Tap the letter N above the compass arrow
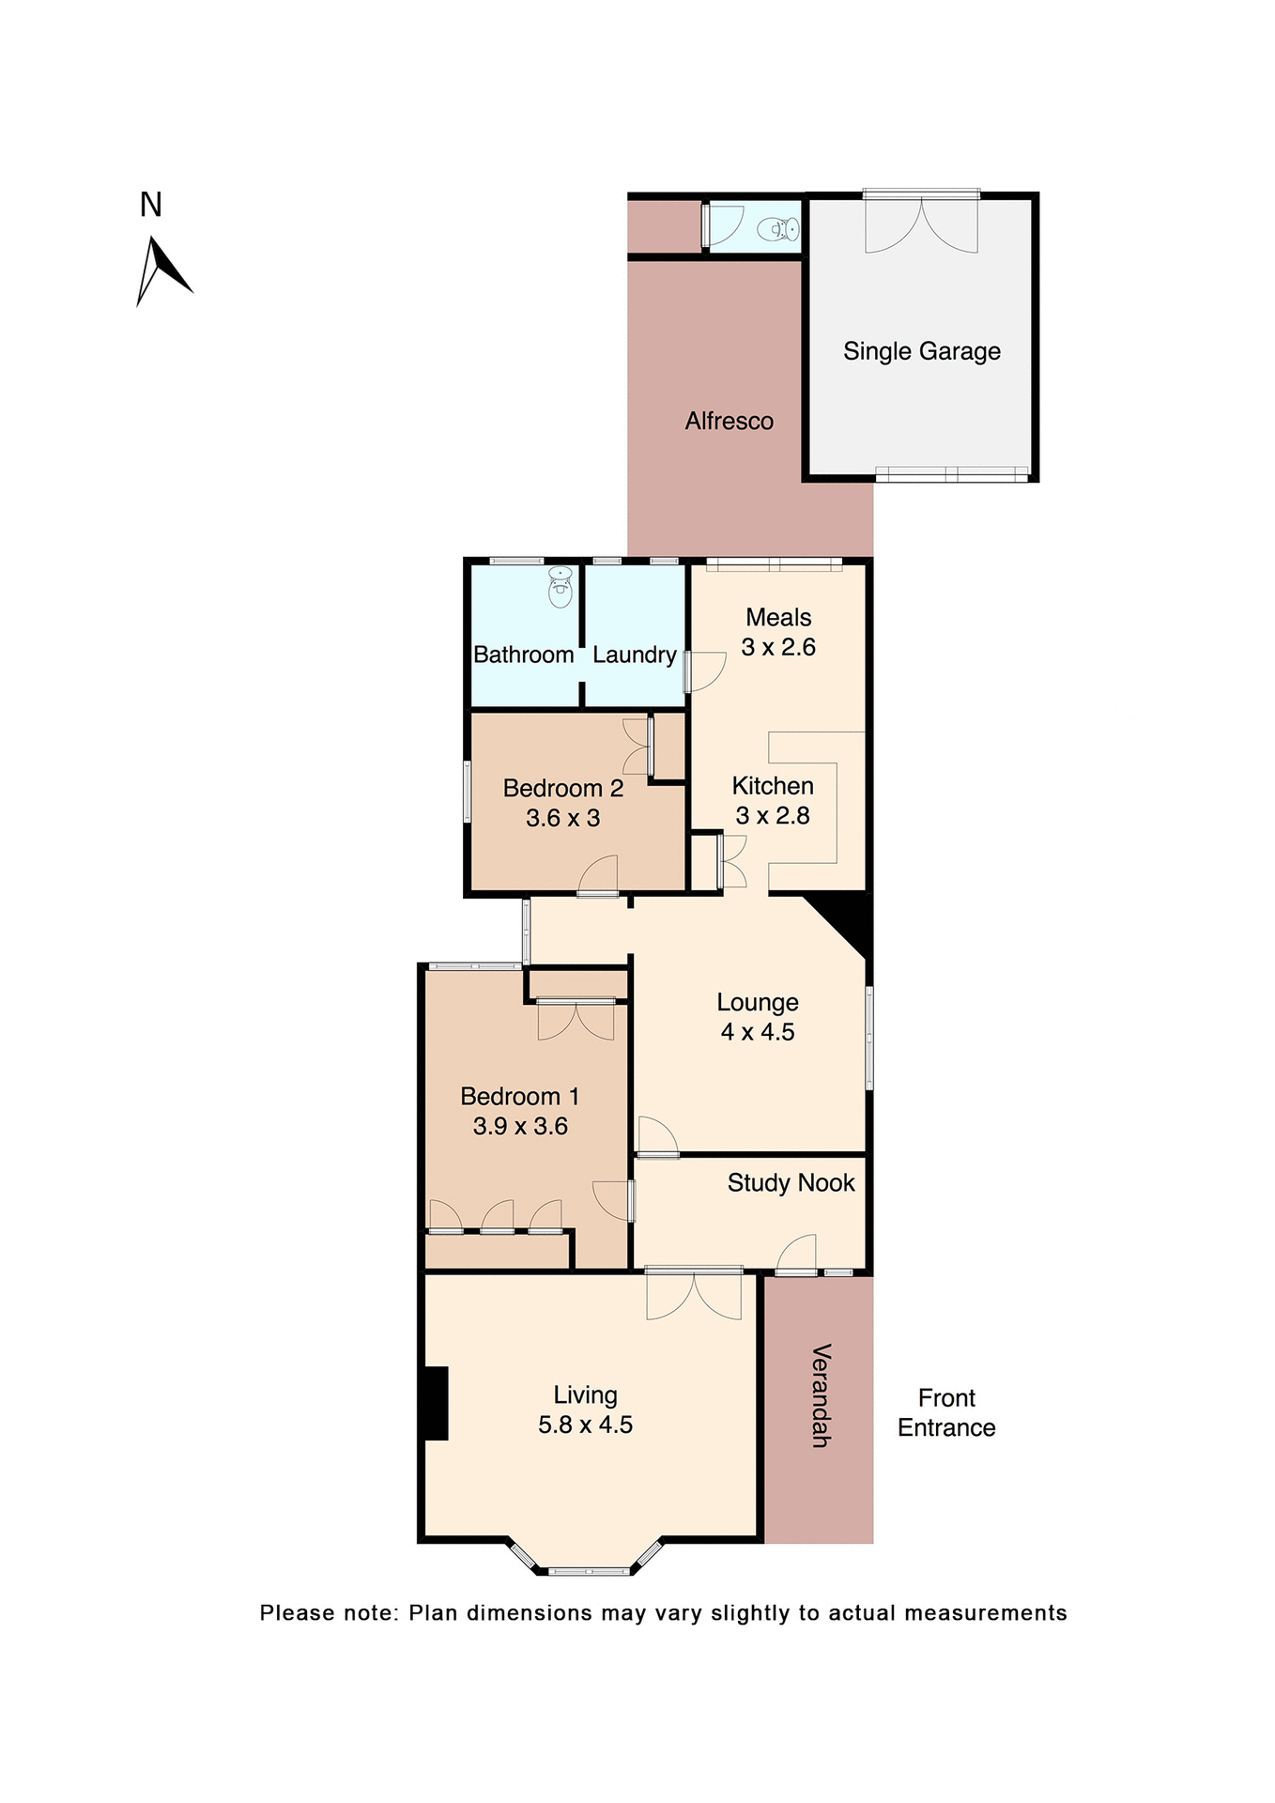pos(151,205)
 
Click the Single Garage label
pos(921,351)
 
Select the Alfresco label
pos(729,421)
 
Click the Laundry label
pos(634,655)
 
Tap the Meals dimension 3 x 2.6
pos(777,647)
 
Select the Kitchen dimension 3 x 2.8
pos(772,816)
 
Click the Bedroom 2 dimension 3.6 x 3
pos(562,818)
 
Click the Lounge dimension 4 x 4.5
pos(757,1032)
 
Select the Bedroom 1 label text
pos(519,1096)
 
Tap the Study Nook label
pos(791,1182)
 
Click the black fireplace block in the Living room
pos(435,1403)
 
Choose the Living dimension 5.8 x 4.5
pos(585,1425)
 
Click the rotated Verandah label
pos(820,1395)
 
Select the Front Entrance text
pos(945,1412)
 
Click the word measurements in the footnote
pos(985,1613)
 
